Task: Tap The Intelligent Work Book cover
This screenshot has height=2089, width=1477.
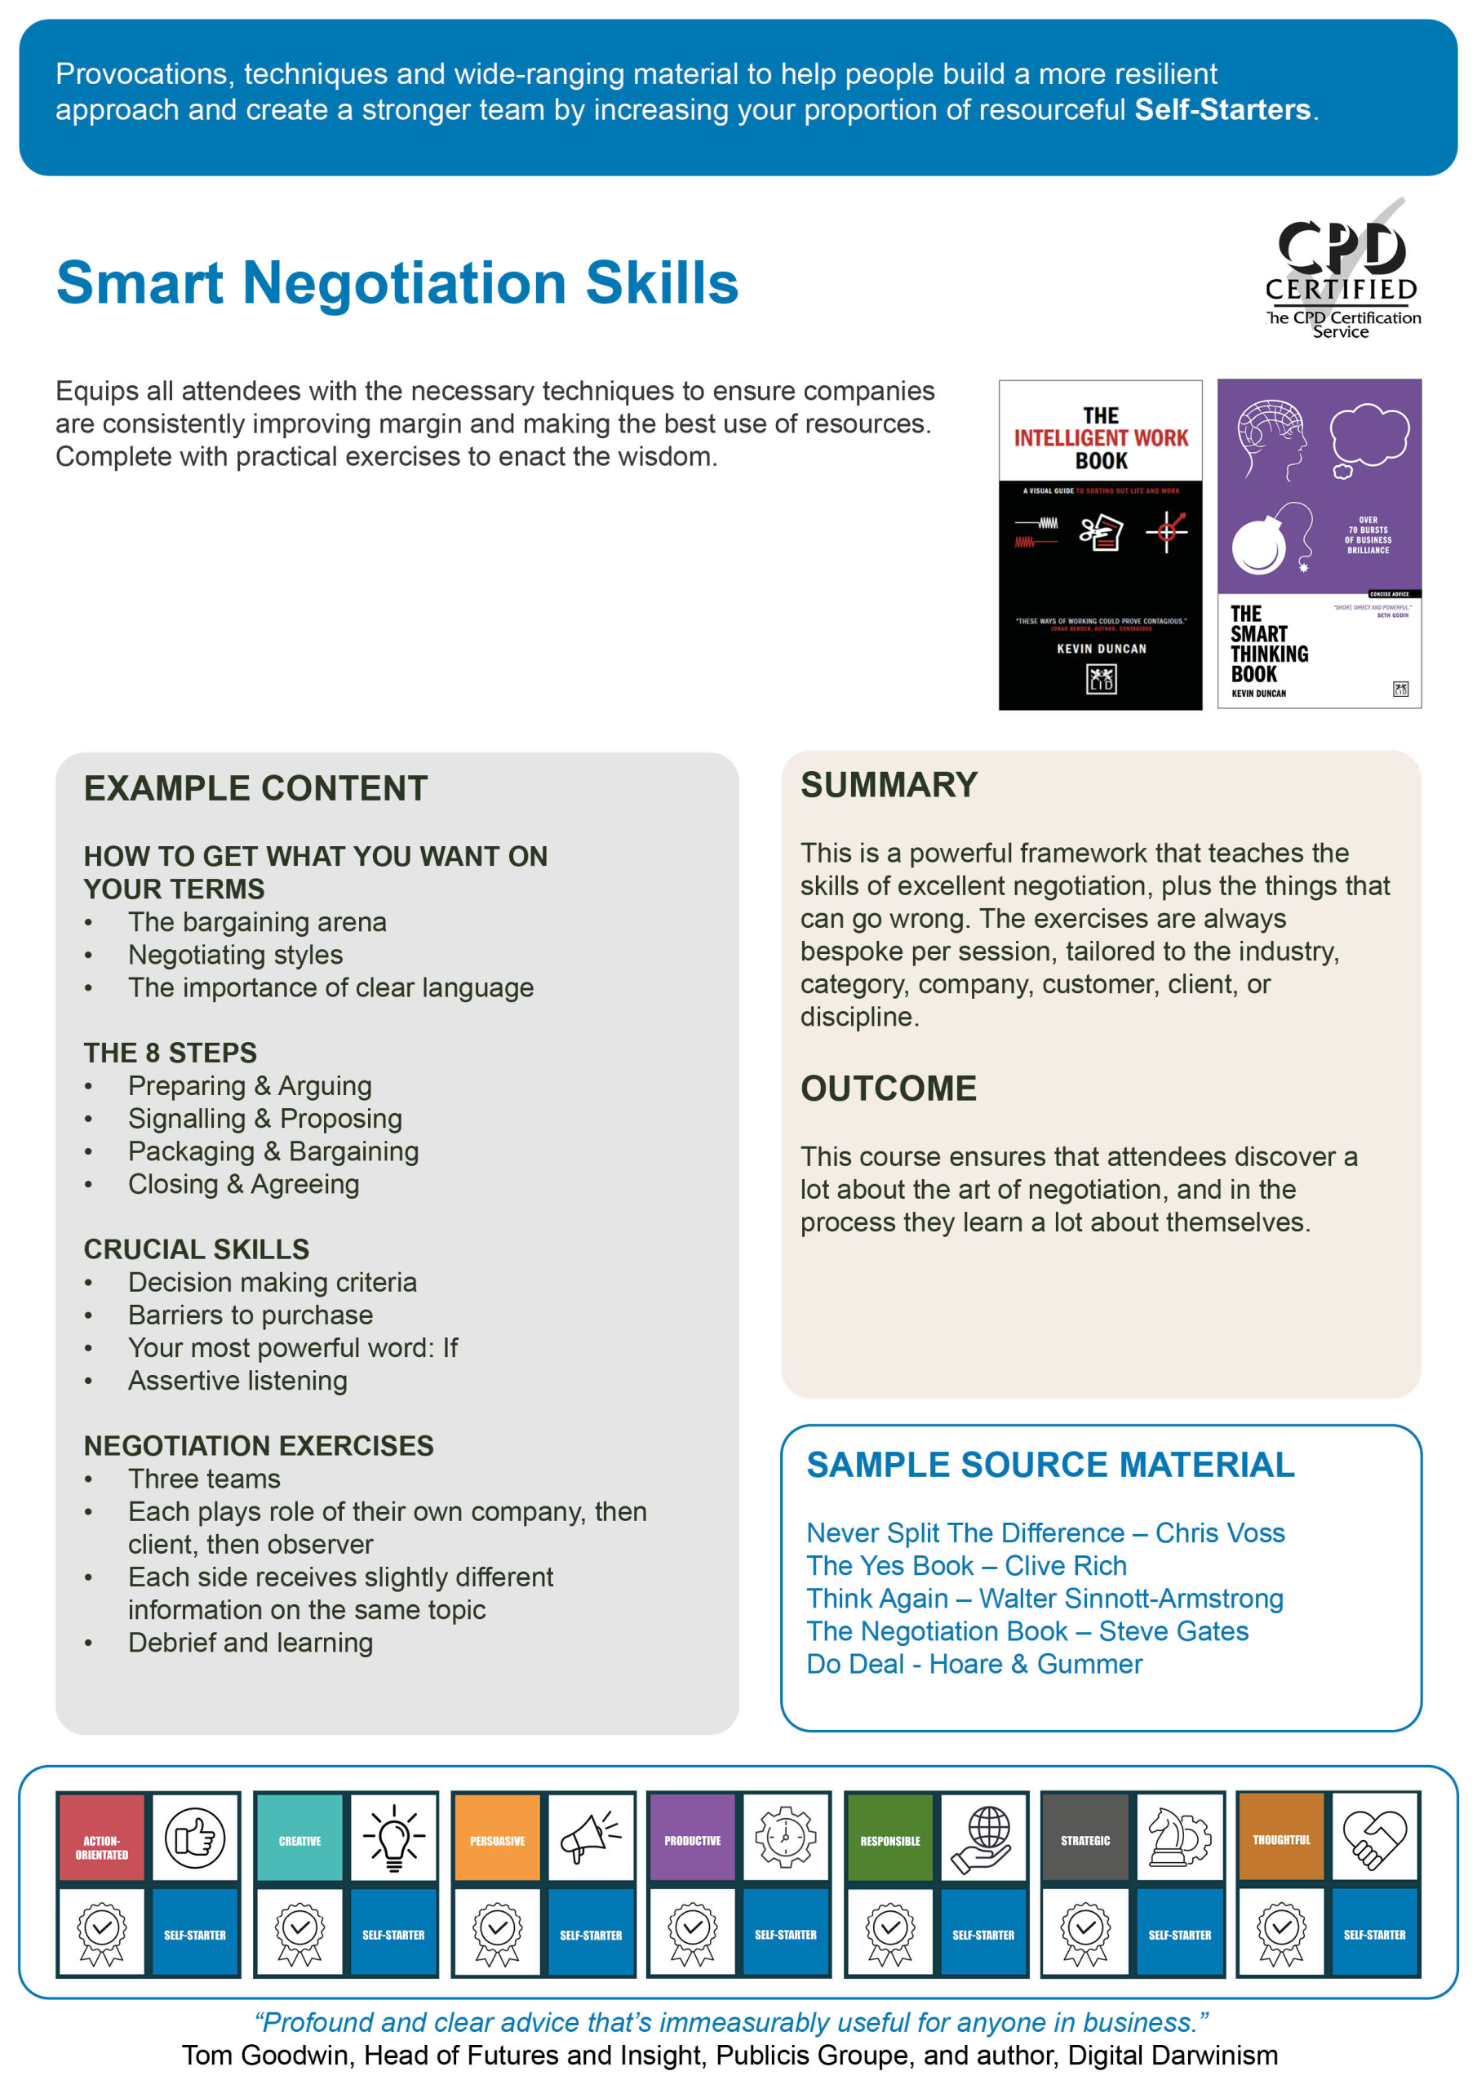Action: (1099, 544)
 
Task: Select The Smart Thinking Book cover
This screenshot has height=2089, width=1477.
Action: (1319, 544)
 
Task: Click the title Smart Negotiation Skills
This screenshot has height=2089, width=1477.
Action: (397, 282)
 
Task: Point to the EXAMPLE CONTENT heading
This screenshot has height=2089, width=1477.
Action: (255, 788)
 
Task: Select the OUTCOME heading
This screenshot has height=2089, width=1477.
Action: (888, 1089)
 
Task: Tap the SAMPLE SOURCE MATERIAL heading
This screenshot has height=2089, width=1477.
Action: (1049, 1465)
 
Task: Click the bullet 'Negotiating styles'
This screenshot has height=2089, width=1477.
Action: (235, 955)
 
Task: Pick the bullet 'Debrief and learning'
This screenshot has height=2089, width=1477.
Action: (251, 1643)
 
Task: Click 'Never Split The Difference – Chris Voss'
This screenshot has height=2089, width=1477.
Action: (1045, 1533)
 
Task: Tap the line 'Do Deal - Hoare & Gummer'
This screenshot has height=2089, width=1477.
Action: (974, 1664)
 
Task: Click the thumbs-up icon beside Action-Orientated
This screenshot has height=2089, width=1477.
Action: (195, 1838)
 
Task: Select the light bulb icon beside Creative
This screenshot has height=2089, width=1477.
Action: (393, 1838)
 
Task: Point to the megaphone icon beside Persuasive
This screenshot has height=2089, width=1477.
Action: (590, 1838)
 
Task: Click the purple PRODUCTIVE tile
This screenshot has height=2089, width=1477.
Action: (693, 1838)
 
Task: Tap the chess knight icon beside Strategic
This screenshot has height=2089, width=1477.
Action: (1178, 1838)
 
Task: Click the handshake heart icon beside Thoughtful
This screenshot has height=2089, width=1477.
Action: (1374, 1838)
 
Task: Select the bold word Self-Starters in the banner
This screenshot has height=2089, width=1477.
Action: (1222, 109)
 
